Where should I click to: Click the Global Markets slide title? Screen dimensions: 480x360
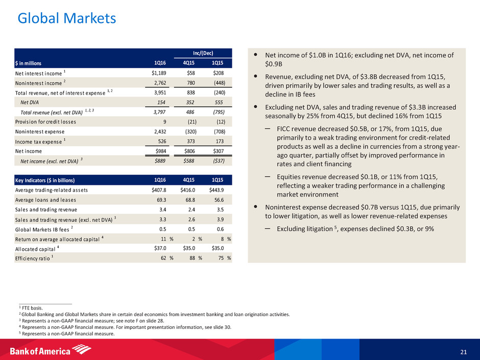click(67, 18)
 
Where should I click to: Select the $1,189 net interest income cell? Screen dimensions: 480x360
click(159, 73)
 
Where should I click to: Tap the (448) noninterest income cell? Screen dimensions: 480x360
click(220, 83)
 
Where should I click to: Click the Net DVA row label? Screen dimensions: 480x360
click(30, 102)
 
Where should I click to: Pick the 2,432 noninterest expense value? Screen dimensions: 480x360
click(160, 132)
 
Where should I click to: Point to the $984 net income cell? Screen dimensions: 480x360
click(161, 151)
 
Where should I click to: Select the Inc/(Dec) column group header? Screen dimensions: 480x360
click(203, 53)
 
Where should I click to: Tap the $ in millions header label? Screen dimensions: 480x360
click(28, 63)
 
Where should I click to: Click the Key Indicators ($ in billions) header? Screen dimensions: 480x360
click(45, 180)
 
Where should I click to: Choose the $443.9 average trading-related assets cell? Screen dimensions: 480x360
click(217, 190)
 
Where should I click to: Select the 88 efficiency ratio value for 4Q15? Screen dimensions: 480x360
click(192, 258)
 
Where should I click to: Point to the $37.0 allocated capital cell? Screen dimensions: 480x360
click(160, 248)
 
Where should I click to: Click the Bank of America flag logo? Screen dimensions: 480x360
click(81, 349)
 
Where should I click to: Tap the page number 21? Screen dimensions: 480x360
click(464, 352)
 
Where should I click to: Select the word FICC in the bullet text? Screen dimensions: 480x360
click(284, 129)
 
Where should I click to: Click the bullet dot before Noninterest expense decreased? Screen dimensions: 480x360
click(256, 207)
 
